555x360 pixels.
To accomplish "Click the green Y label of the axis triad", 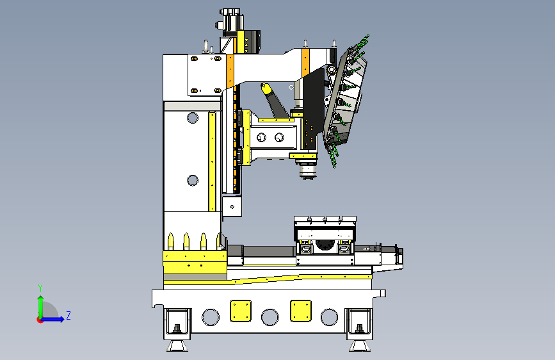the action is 40,288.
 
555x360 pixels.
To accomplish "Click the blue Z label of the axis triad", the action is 68,315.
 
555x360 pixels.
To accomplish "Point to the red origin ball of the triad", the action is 40,320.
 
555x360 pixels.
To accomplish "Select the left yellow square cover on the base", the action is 241,311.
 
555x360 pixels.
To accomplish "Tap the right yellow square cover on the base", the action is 300,311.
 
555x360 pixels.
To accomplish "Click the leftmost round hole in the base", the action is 211,317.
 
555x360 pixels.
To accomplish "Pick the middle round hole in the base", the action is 270,317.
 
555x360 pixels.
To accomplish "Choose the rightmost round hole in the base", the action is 329,317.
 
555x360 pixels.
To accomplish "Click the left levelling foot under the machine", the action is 177,345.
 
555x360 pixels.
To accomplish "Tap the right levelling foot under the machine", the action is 360,345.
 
